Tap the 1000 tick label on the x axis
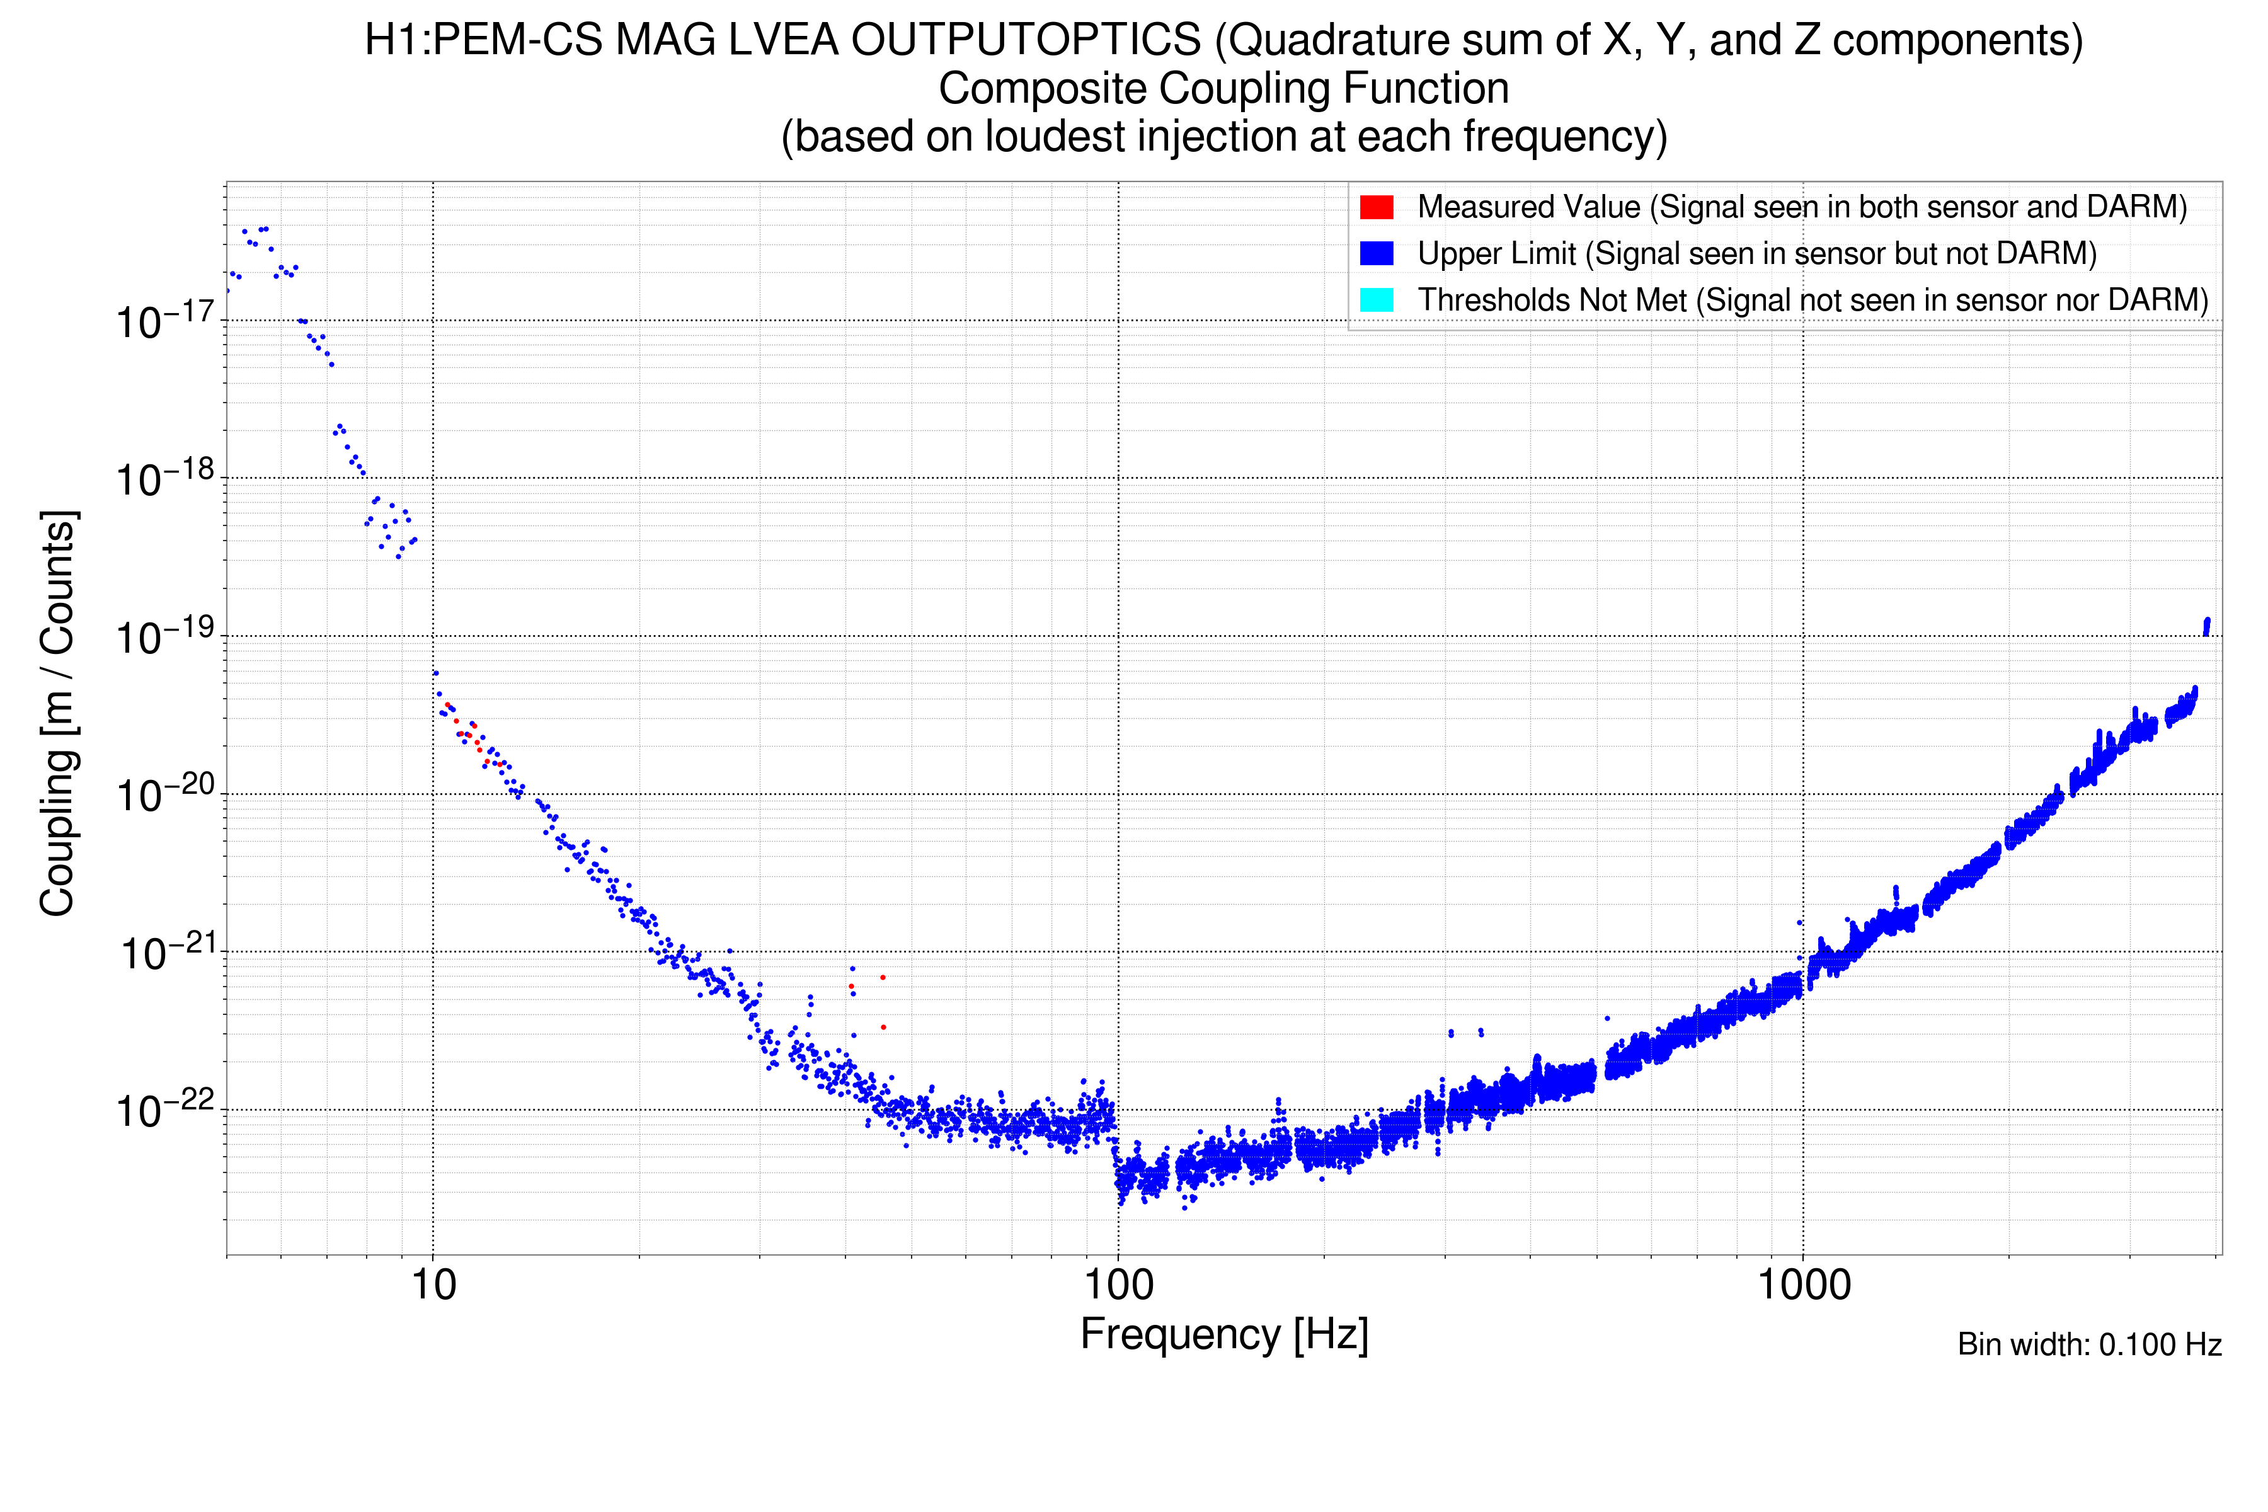pos(1803,1285)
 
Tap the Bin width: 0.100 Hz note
pos(2088,1344)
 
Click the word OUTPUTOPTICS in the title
pos(1026,40)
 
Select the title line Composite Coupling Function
pos(1223,89)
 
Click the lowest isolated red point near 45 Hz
pos(883,1027)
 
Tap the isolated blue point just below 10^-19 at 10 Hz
pos(436,673)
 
